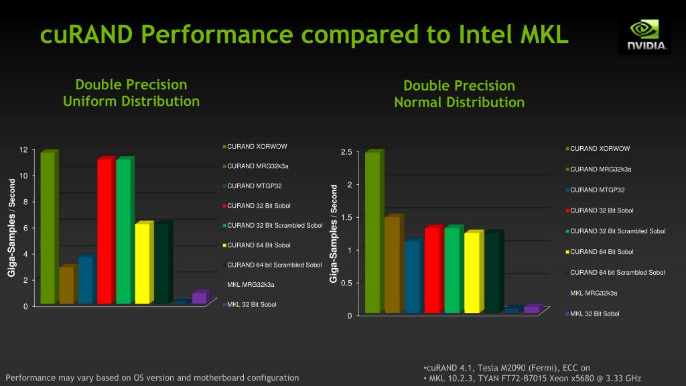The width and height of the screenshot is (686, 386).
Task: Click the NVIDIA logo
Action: tap(645, 36)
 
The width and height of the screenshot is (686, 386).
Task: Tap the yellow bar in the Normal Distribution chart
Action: tap(474, 271)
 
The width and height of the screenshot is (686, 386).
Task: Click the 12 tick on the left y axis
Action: tap(23, 149)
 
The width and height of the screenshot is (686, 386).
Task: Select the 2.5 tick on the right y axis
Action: tap(346, 152)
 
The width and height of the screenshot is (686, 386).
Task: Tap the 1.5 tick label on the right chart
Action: tap(346, 218)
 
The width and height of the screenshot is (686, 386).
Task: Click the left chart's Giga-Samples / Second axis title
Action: tap(11, 228)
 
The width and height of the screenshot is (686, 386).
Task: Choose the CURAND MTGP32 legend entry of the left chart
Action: tap(253, 186)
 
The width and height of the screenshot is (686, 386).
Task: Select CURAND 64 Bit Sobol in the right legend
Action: tap(600, 252)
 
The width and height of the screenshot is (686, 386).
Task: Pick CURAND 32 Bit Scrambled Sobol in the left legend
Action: tap(273, 225)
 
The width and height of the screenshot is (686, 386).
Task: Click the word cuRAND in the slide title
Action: tap(86, 35)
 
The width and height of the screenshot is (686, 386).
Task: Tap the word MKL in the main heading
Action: tap(544, 34)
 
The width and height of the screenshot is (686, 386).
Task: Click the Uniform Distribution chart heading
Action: tap(131, 92)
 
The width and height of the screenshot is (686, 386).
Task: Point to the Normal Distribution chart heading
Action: tap(459, 94)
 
